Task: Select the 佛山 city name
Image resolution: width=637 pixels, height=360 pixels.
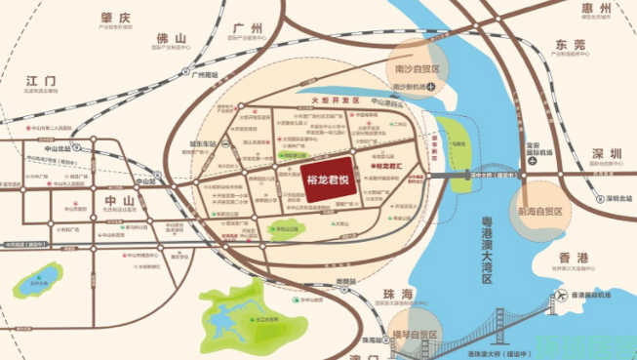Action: click(x=172, y=39)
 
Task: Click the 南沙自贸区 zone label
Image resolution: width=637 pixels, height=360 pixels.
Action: click(x=416, y=70)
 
